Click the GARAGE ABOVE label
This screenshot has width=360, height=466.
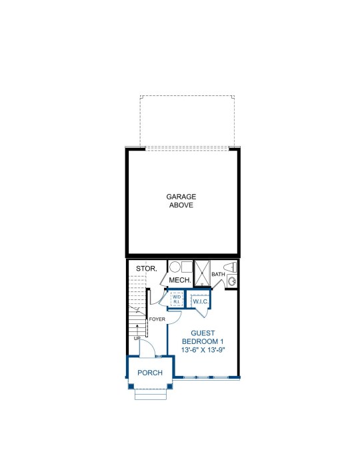(x=181, y=201)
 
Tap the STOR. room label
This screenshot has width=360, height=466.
(x=147, y=269)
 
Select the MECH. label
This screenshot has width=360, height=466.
(x=180, y=280)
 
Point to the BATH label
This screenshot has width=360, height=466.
(x=218, y=274)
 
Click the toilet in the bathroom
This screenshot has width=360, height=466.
(x=230, y=267)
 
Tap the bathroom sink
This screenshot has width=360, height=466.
(x=232, y=281)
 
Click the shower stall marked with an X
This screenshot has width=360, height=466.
(x=202, y=273)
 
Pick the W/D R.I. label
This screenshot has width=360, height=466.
(x=177, y=299)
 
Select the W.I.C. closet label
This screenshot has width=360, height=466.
(x=201, y=301)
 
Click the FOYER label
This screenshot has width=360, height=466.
(x=157, y=319)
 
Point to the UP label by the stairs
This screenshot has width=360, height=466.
(x=137, y=338)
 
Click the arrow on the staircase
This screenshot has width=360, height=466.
(x=137, y=330)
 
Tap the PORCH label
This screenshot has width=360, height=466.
(x=150, y=373)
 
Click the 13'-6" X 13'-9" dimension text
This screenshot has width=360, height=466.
(x=203, y=350)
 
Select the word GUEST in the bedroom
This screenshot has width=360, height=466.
(x=203, y=333)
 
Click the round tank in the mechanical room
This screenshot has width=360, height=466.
(x=175, y=267)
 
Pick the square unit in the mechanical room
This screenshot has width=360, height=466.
(x=187, y=267)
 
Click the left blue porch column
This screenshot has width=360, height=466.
(x=131, y=386)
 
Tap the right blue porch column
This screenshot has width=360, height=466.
(x=169, y=386)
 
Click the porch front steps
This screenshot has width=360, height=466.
(x=151, y=394)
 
